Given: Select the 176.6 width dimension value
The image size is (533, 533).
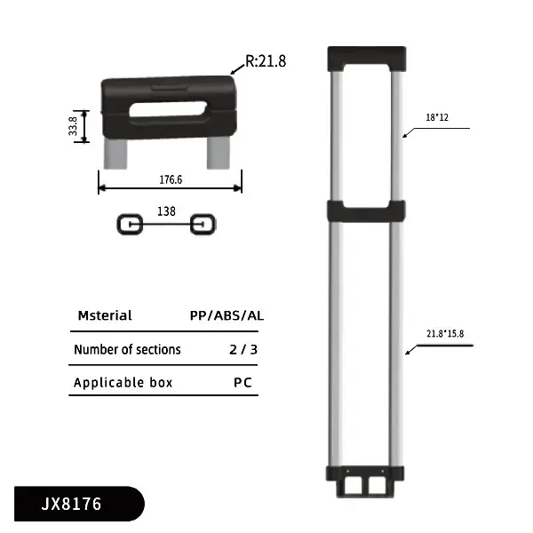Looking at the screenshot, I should click(x=170, y=179).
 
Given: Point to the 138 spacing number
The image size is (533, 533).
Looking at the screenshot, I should click(x=166, y=211).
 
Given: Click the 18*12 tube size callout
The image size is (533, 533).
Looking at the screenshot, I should click(x=438, y=116).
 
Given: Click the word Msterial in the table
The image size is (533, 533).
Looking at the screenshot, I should click(x=105, y=315).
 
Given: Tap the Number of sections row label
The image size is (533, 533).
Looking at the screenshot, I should click(x=127, y=349).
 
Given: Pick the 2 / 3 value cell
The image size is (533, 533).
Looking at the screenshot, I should click(x=243, y=349).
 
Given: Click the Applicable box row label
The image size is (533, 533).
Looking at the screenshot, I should click(x=123, y=383).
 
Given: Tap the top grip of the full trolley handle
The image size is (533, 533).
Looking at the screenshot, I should click(x=366, y=58).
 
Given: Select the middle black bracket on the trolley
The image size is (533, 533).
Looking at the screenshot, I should click(x=366, y=211).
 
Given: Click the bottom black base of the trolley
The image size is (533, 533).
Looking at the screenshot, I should click(x=366, y=480).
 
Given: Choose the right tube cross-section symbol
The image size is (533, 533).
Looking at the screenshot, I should click(x=203, y=224).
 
